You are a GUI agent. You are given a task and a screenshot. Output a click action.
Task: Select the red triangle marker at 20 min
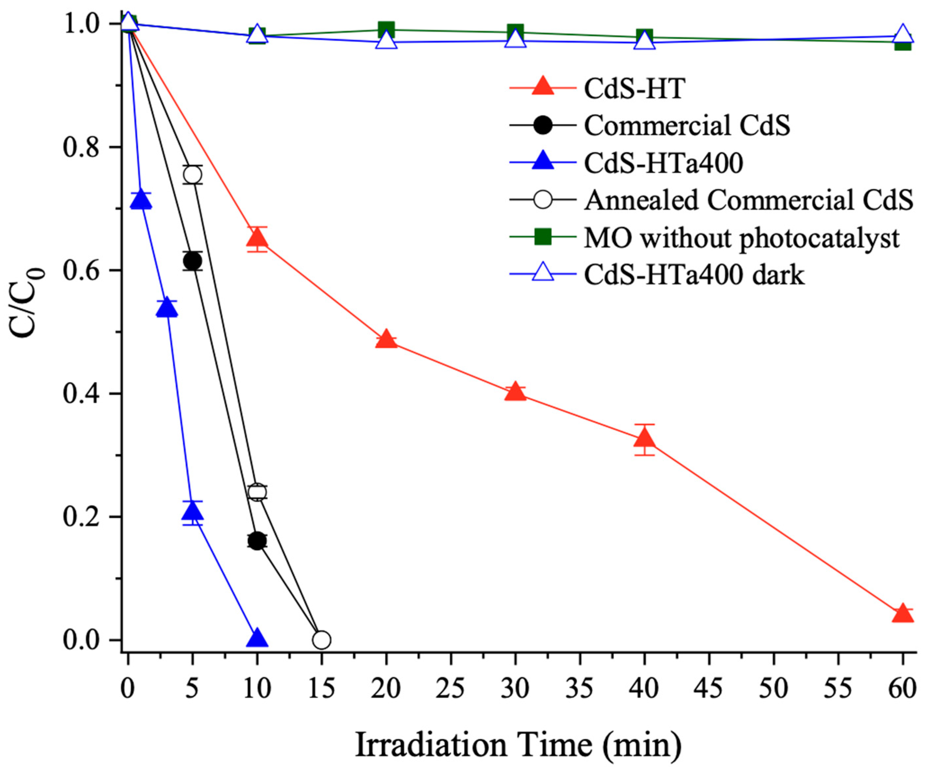click(x=386, y=340)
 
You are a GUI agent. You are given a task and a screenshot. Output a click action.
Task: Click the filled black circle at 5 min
click(x=192, y=261)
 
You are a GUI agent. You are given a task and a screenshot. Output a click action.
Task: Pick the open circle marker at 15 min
click(x=322, y=640)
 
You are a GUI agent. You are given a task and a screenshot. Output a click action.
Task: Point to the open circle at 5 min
click(x=192, y=175)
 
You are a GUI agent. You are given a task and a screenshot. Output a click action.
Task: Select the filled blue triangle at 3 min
click(x=167, y=308)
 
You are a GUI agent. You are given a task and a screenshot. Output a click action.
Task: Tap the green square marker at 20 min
click(x=386, y=30)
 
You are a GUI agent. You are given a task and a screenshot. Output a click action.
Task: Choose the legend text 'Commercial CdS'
click(x=686, y=125)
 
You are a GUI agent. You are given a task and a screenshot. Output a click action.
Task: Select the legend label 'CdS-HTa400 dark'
click(x=694, y=275)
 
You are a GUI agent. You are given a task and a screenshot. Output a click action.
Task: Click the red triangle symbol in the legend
click(x=542, y=87)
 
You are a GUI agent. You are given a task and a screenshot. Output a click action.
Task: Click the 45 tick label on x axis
click(x=710, y=689)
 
